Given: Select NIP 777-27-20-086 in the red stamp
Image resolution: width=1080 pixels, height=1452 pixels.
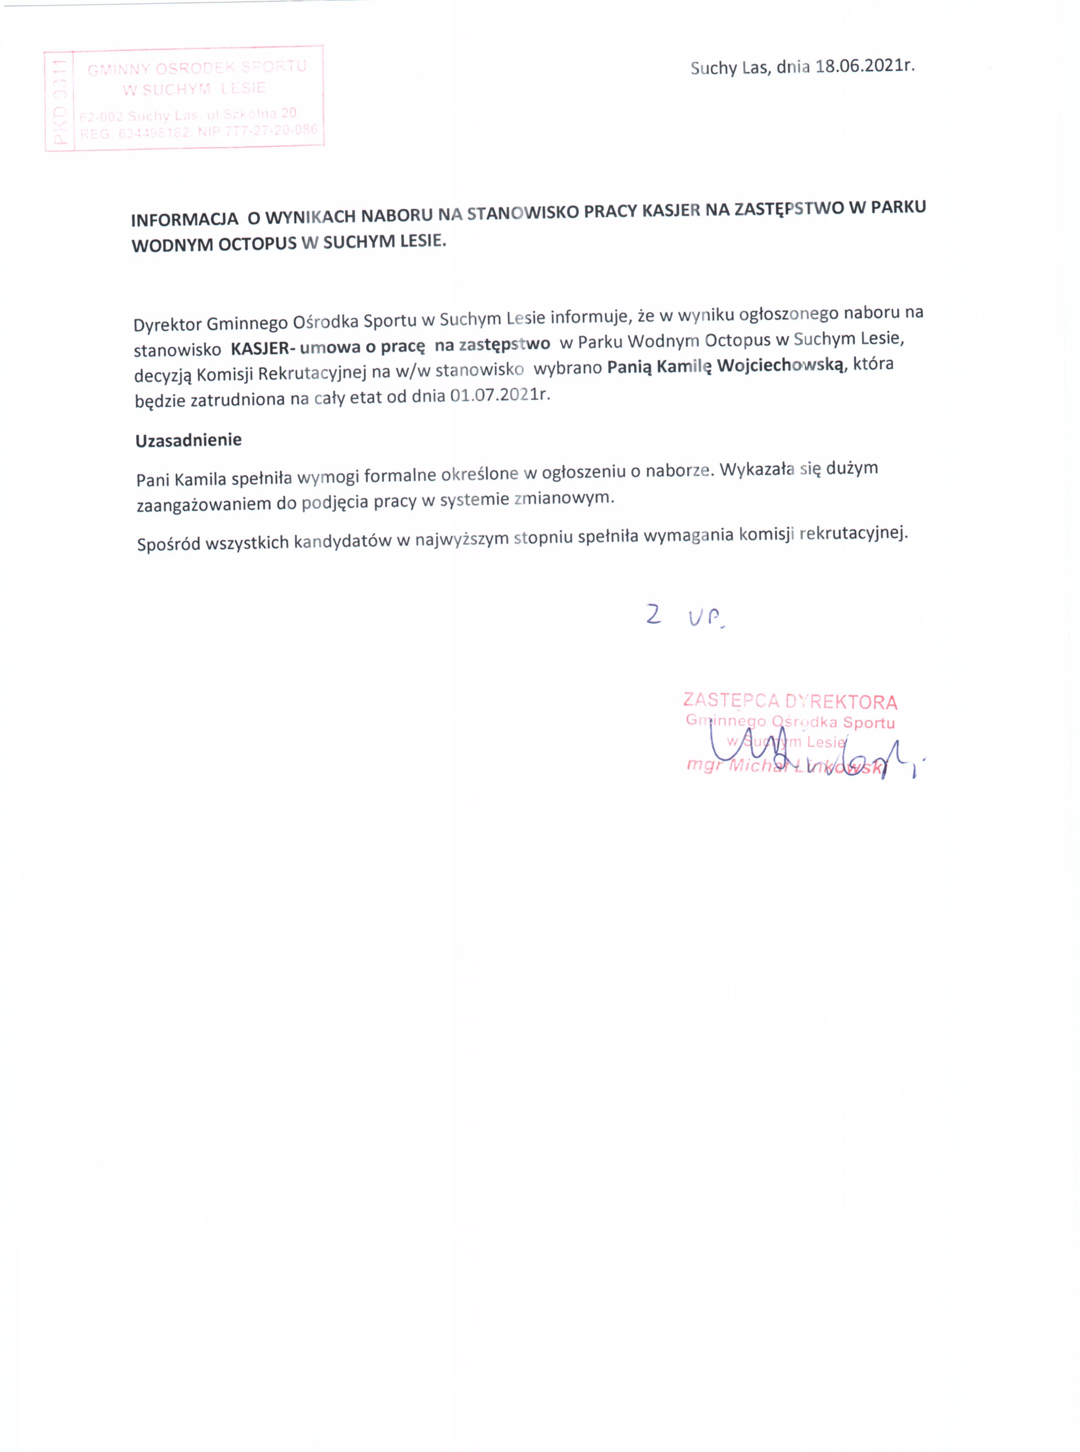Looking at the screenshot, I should click(271, 131).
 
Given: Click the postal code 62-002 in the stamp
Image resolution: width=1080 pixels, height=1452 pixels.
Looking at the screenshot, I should click(101, 117).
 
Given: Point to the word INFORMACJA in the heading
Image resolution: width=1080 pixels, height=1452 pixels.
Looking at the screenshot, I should click(184, 219).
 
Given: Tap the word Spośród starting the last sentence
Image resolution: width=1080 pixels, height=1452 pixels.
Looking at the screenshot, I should click(169, 544).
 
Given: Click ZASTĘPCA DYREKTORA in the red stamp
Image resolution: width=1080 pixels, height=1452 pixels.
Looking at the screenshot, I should click(790, 701).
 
